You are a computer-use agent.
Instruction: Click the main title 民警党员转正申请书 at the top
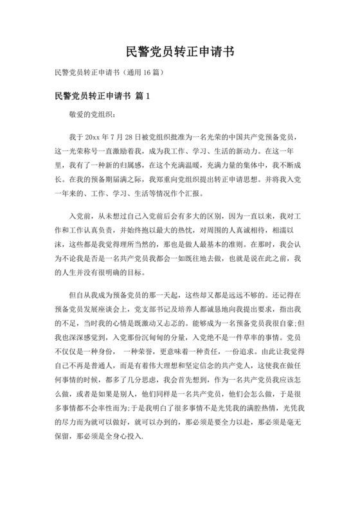(179, 52)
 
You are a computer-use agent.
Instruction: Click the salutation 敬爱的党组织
(92, 115)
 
